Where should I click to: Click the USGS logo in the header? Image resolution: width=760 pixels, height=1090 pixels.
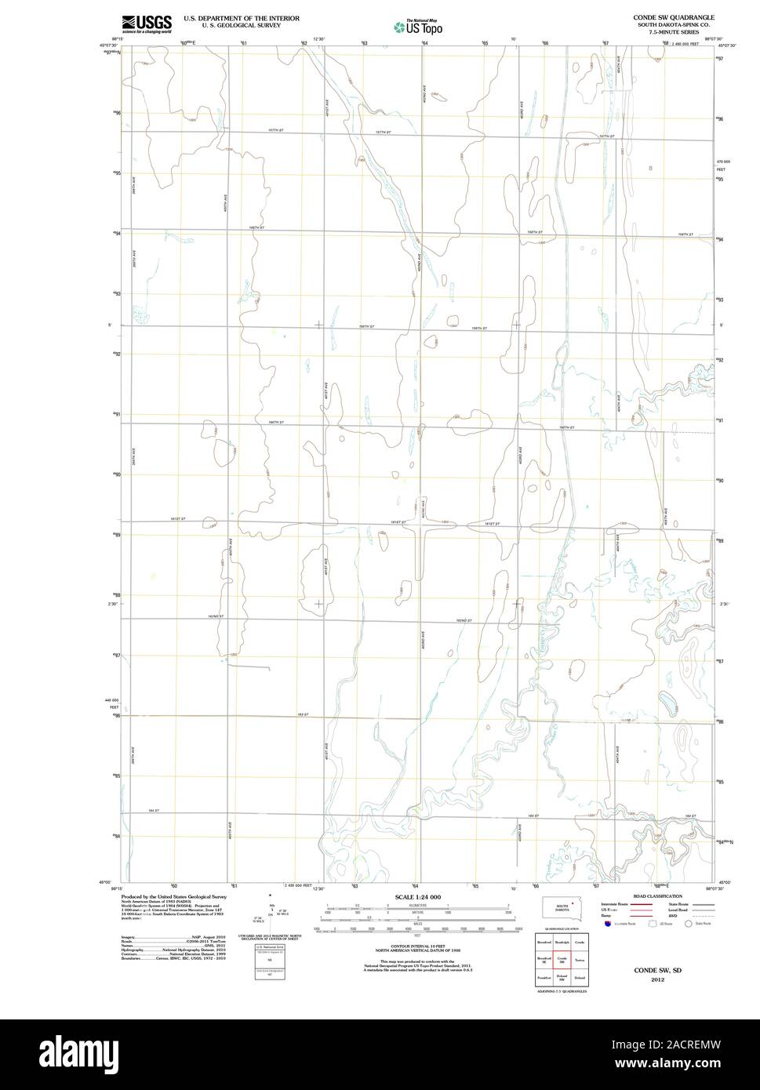coord(147,24)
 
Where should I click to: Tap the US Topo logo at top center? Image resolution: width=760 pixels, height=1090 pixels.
coord(418,27)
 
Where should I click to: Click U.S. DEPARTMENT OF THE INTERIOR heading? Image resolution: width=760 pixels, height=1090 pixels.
coord(242,16)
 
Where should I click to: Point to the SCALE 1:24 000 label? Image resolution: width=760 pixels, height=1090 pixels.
coord(417,897)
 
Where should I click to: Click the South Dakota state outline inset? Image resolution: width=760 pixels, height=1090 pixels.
coord(562,908)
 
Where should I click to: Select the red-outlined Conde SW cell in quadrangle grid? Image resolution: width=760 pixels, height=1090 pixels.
coord(562,960)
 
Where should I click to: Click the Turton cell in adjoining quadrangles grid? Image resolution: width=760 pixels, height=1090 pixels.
coord(580,960)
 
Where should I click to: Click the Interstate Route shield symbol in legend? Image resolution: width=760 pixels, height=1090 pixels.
coord(607,925)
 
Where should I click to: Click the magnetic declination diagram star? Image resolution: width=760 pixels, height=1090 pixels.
coord(270,894)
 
